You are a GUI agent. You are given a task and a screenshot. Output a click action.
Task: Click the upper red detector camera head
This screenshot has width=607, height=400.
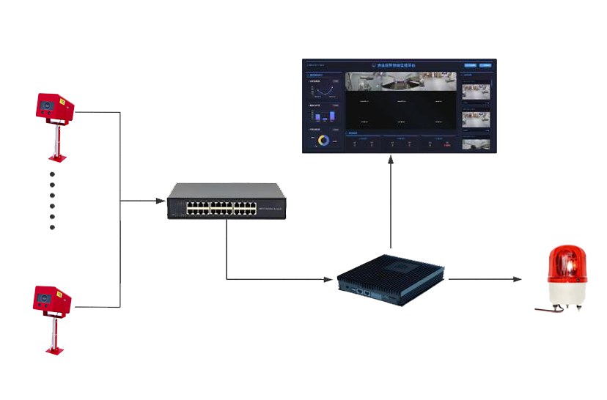click(54, 108)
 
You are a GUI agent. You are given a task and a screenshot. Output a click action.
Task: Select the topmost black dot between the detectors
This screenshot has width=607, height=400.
click(52, 174)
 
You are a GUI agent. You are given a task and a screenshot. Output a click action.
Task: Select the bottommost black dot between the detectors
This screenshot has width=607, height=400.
click(52, 227)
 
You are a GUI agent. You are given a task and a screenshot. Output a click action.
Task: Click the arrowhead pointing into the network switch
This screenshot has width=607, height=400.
click(159, 201)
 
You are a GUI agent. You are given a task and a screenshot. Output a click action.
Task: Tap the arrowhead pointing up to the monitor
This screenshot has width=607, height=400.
click(391, 159)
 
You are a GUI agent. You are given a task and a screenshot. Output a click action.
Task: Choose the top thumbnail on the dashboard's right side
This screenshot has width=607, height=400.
click(477, 89)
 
